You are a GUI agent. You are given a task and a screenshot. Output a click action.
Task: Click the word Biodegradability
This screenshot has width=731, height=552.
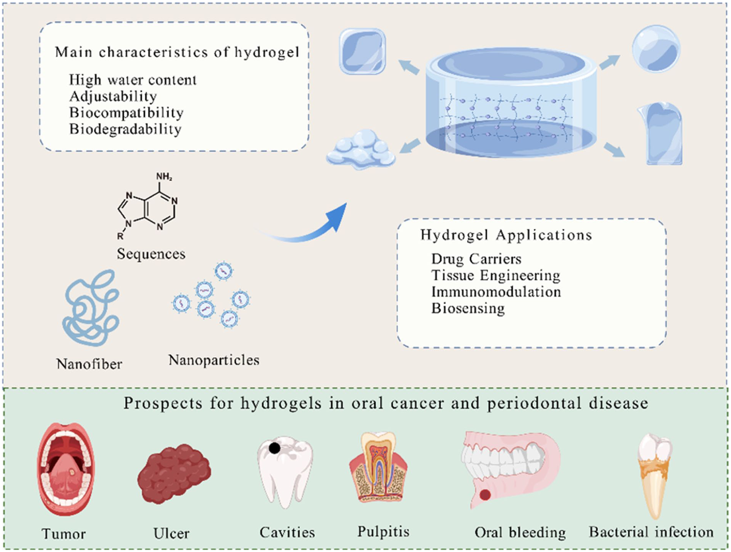126,129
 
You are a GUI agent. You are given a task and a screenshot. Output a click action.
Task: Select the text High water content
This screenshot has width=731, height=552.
133,80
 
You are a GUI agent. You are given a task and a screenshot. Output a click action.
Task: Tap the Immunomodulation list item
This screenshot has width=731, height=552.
496,292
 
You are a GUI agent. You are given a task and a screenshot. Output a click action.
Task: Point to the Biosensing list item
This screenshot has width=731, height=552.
468,308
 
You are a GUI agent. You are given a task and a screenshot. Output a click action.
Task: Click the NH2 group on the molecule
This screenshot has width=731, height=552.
164,176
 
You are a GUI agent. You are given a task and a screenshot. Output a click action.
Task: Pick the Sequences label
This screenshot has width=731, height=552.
151,254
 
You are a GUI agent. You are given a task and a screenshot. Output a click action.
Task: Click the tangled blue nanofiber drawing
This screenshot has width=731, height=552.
91,308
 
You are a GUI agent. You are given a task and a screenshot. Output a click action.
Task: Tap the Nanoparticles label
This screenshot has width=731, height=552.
214,360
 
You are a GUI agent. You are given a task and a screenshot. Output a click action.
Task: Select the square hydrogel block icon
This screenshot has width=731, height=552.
362,51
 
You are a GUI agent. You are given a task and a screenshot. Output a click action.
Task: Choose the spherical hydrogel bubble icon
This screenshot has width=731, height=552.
656,49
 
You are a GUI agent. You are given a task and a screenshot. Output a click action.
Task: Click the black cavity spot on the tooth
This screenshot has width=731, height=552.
275,448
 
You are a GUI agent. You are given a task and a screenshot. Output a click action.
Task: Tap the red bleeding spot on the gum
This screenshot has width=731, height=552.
485,495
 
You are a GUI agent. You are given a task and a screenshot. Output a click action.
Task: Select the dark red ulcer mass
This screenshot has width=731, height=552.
174,473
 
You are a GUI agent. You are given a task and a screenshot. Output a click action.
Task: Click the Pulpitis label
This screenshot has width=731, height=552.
383,532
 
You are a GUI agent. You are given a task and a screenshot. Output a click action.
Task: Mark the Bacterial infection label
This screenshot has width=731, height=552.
651,532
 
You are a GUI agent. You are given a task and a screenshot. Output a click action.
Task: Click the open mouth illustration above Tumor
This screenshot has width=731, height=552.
66,469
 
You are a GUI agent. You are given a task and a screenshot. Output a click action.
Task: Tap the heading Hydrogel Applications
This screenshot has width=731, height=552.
506,235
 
